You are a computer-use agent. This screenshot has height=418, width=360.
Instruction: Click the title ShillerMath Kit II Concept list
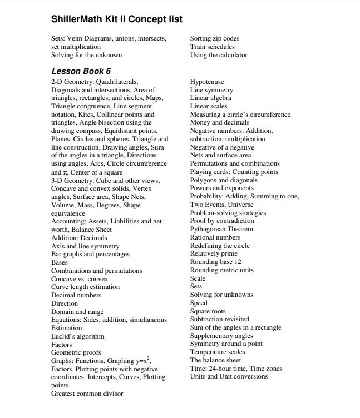[x=117, y=19]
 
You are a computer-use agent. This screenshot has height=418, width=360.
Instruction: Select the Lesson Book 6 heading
[x=81, y=71]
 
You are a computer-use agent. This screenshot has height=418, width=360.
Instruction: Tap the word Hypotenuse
[x=207, y=82]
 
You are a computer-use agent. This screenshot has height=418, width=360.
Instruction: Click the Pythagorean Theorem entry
[x=221, y=229]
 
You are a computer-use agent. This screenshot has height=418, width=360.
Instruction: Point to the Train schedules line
[x=213, y=47]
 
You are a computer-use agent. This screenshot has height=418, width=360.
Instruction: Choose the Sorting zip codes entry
[x=215, y=38]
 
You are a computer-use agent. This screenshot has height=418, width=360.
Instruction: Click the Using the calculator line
[x=219, y=55]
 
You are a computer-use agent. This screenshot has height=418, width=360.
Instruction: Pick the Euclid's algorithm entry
[x=78, y=336]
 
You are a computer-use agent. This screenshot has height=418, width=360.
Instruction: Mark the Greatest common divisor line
[x=87, y=394]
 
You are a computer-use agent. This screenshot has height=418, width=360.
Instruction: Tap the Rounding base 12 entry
[x=216, y=262]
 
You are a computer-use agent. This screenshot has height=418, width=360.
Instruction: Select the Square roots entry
[x=209, y=311]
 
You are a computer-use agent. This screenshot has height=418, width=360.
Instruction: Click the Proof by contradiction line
[x=222, y=221]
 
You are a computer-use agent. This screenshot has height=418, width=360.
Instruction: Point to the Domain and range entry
[x=77, y=312]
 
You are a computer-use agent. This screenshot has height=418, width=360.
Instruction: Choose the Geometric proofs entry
[x=76, y=352]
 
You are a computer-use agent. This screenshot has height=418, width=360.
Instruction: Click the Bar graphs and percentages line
[x=90, y=254]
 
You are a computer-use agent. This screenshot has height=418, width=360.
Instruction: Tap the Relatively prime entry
[x=214, y=253]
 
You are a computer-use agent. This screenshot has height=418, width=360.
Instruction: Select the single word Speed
[x=199, y=303]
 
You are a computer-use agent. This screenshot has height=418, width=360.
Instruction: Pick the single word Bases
[x=60, y=262]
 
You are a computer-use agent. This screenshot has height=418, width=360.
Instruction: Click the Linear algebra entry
[x=211, y=98]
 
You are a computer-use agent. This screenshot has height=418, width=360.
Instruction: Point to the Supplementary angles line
[x=221, y=336]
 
